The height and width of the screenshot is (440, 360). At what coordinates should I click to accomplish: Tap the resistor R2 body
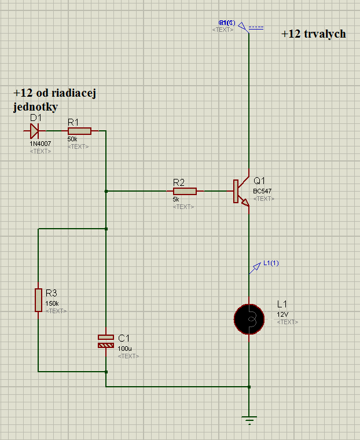185,191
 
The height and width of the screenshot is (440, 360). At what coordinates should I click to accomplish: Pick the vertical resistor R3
38,299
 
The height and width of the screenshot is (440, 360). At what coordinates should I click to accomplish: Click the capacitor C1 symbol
106,341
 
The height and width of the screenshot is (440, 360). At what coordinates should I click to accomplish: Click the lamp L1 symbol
249,317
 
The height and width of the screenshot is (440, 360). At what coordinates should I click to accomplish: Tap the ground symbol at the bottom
249,419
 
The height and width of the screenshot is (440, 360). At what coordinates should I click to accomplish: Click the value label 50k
72,140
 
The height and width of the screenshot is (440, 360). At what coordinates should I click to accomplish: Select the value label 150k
52,303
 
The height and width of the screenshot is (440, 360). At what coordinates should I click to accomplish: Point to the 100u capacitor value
124,349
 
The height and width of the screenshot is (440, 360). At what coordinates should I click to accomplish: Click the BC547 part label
262,191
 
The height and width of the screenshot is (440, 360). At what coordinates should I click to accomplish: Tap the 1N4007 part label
40,143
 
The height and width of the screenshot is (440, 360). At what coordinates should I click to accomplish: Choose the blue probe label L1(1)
271,263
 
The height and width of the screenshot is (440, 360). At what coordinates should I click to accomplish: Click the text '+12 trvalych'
314,34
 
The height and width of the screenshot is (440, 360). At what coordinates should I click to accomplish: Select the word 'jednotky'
34,107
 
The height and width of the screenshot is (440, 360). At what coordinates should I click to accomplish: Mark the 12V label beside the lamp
282,314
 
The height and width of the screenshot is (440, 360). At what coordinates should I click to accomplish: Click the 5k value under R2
176,199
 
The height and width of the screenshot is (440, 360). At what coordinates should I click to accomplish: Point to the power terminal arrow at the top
243,25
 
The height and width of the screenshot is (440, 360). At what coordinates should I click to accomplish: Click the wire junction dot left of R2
106,191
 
